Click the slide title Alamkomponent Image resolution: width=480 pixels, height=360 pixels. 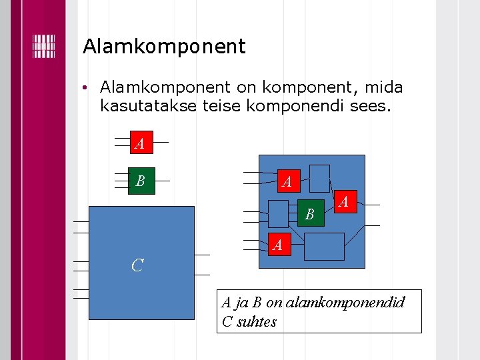coord(164,47)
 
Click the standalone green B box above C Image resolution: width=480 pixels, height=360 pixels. coord(141,181)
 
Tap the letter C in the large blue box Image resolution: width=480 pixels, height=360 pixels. coord(137,265)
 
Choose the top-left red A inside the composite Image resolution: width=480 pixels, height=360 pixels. coord(287,181)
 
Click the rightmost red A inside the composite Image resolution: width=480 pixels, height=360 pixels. coord(344,201)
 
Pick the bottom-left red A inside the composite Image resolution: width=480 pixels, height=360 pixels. coord(279,245)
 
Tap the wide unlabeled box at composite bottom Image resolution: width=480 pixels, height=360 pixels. coord(324,246)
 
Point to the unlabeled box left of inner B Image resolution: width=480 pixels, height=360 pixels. coord(278,213)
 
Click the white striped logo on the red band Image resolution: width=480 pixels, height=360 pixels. coord(43,46)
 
